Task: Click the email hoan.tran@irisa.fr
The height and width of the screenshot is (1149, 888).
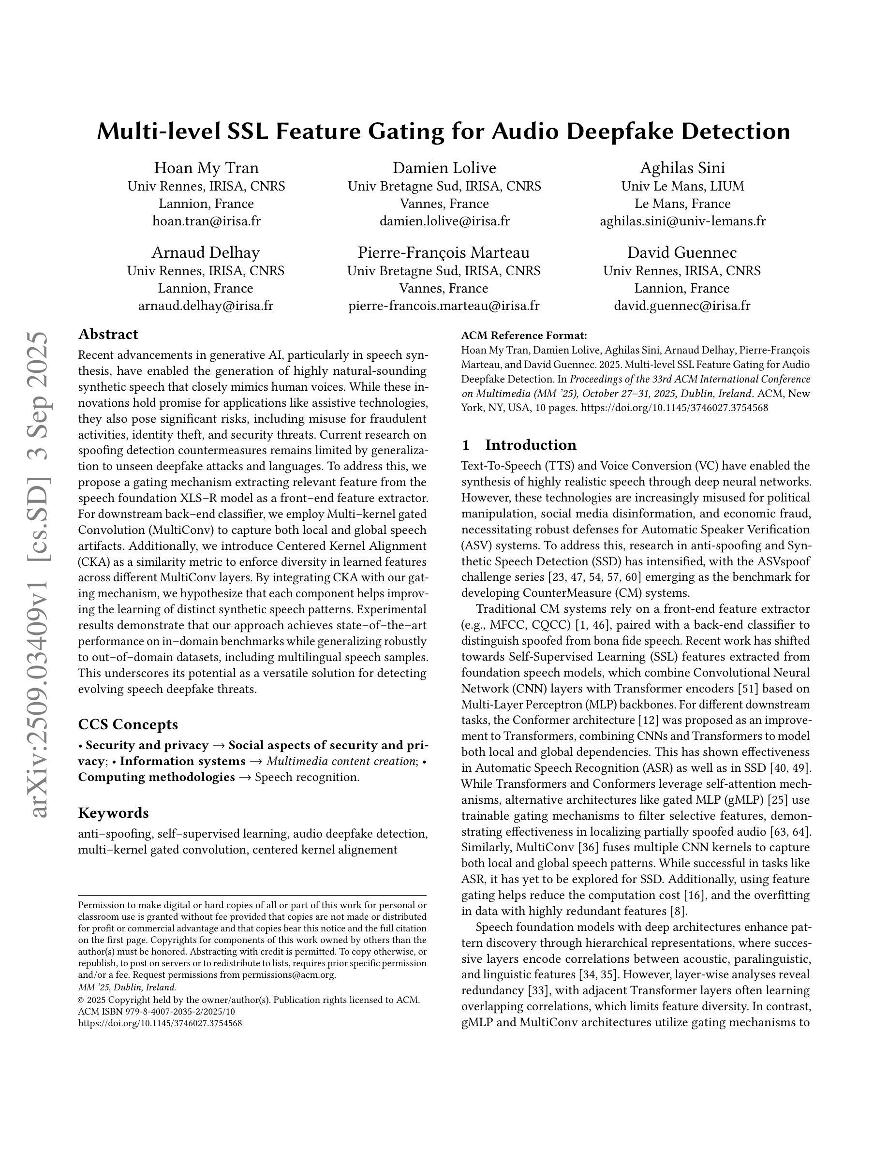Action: coord(206,221)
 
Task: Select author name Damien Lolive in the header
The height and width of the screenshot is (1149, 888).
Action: coord(444,168)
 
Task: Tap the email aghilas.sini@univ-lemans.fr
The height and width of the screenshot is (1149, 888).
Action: coord(682,221)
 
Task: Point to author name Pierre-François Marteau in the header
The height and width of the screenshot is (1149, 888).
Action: coord(444,252)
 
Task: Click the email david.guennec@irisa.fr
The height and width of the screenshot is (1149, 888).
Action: coord(682,306)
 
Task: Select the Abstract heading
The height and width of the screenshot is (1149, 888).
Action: coord(108,335)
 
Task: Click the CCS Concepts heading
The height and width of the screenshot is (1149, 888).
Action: coord(128,724)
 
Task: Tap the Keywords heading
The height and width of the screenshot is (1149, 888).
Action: coord(113,813)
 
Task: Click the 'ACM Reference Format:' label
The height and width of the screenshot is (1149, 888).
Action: coord(524,336)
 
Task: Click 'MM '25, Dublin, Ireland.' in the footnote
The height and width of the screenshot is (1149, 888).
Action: coord(127,987)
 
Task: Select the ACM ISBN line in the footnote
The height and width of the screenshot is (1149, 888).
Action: coord(156,1011)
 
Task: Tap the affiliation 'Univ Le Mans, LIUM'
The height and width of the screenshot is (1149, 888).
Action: coord(682,186)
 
